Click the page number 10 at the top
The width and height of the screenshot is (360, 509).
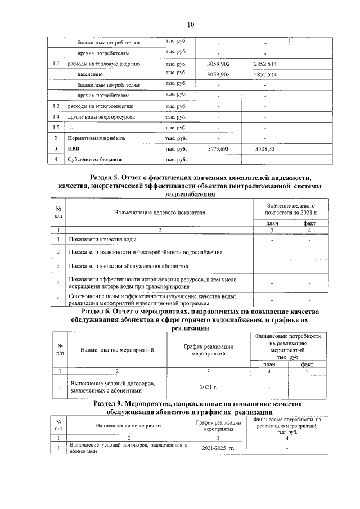point(190,24)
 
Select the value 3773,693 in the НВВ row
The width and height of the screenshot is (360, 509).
point(218,149)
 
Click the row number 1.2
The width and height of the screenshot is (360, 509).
point(56,64)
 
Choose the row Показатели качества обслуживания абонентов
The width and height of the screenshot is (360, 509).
point(129,265)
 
